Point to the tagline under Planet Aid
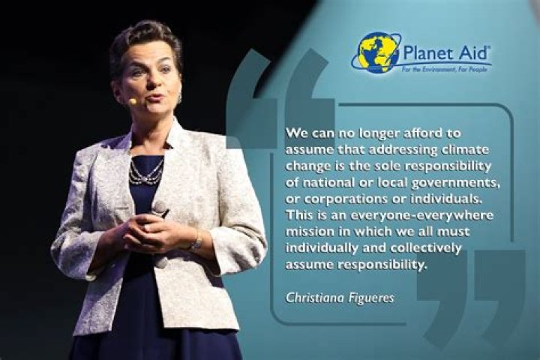[446, 69]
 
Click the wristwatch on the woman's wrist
[196, 241]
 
